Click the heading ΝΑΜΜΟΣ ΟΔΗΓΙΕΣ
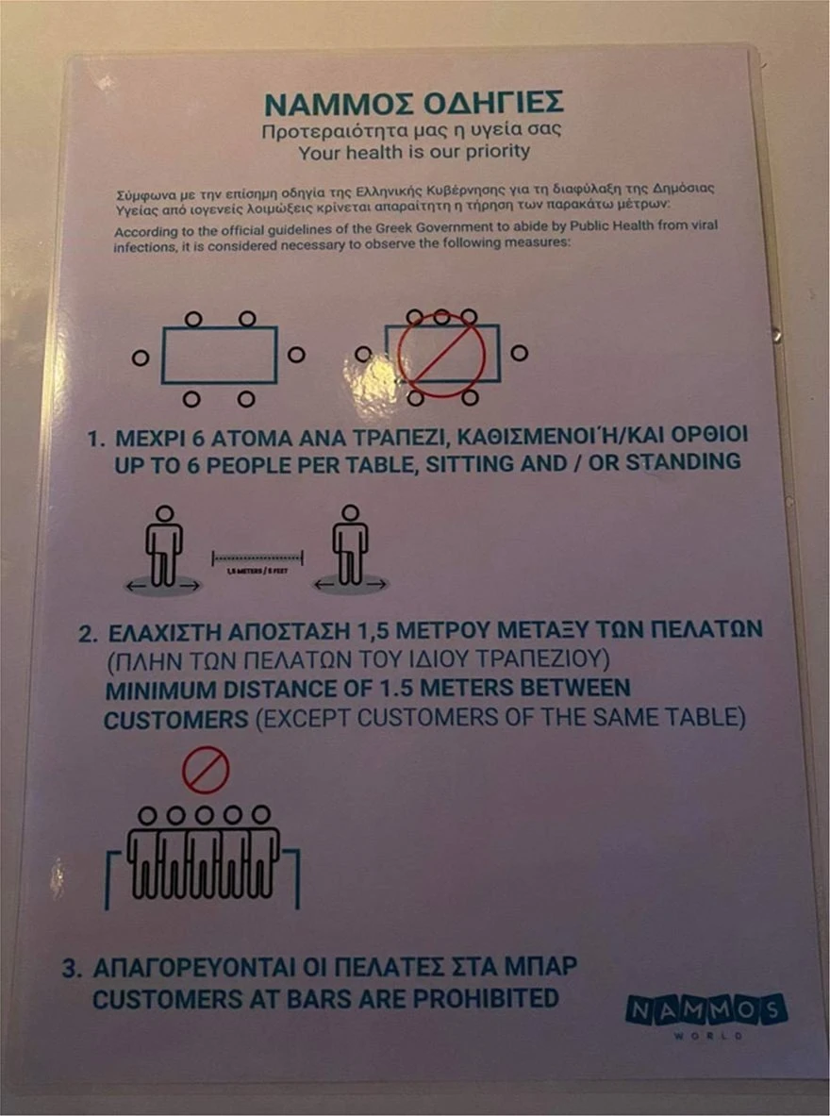click(x=414, y=102)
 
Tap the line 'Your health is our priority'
click(x=414, y=151)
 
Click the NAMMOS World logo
click(x=705, y=1014)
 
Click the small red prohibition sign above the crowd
click(x=206, y=770)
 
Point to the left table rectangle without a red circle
click(x=219, y=356)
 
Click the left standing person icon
click(x=164, y=547)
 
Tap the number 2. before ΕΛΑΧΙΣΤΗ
click(x=88, y=630)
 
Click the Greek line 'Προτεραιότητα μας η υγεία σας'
click(x=414, y=130)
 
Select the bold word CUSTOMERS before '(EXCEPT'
click(x=174, y=719)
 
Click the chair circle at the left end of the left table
click(x=141, y=358)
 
